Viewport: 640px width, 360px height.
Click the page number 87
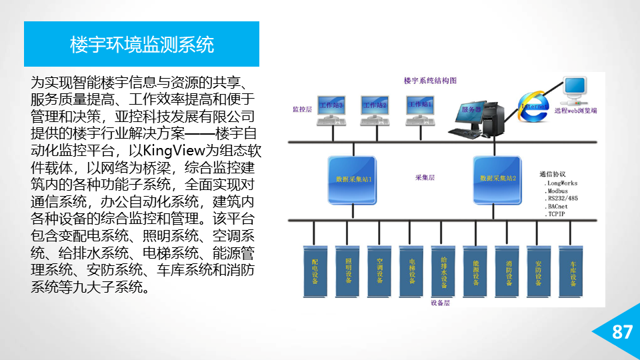[x=621, y=332]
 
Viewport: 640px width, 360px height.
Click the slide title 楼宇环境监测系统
[x=142, y=45]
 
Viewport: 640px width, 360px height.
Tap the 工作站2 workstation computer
[x=374, y=110]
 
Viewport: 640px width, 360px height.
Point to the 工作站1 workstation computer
[x=420, y=110]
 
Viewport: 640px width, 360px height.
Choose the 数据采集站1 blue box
[x=353, y=179]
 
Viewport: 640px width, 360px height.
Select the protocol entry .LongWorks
[x=561, y=183]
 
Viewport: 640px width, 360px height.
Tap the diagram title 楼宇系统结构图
[x=430, y=80]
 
